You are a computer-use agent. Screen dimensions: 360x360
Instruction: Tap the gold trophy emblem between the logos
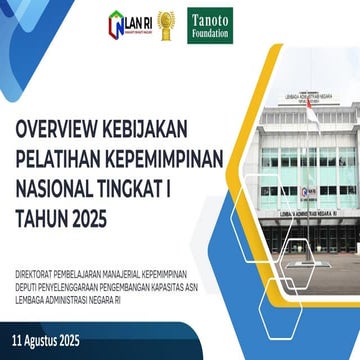pos(165,21)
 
